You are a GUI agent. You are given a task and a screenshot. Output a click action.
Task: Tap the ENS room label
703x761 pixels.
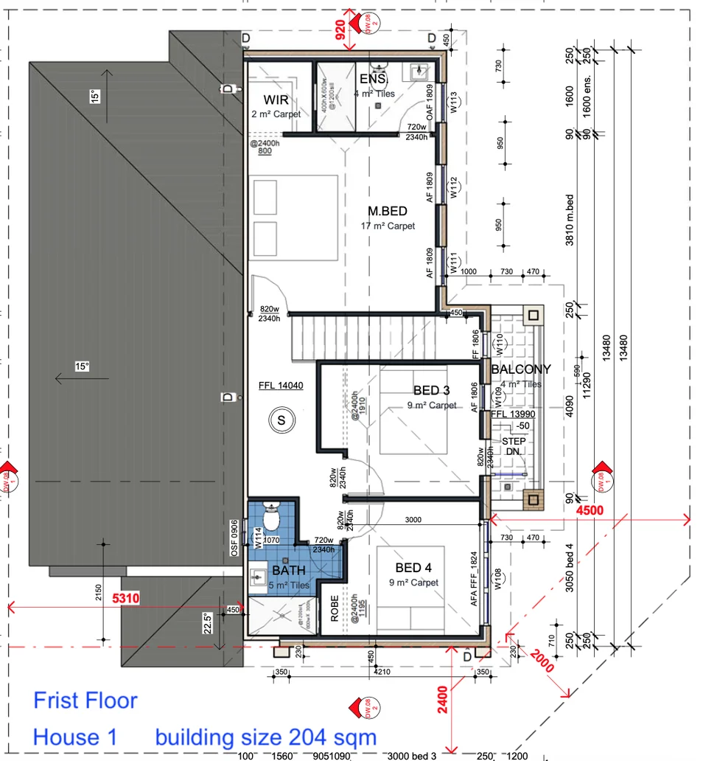[373, 79]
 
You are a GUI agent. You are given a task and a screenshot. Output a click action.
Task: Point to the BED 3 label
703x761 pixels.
[431, 390]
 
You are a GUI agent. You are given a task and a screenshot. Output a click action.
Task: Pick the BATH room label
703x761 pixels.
[289, 571]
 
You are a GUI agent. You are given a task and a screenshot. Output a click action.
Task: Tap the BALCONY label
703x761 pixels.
[521, 369]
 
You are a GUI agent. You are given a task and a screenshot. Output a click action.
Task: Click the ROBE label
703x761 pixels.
[334, 610]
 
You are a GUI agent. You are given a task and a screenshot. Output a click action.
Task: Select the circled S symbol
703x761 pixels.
[280, 421]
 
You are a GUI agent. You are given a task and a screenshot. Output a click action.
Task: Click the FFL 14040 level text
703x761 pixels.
[281, 385]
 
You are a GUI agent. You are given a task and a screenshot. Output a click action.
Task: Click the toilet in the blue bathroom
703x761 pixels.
[270, 518]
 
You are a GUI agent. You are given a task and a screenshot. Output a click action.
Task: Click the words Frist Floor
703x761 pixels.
[85, 700]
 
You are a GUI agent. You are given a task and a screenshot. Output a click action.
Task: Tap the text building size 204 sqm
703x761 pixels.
[265, 737]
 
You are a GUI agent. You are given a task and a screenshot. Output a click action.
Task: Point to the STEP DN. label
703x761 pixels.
[514, 447]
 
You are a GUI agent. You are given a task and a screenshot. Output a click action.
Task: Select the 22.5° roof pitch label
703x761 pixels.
[209, 623]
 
